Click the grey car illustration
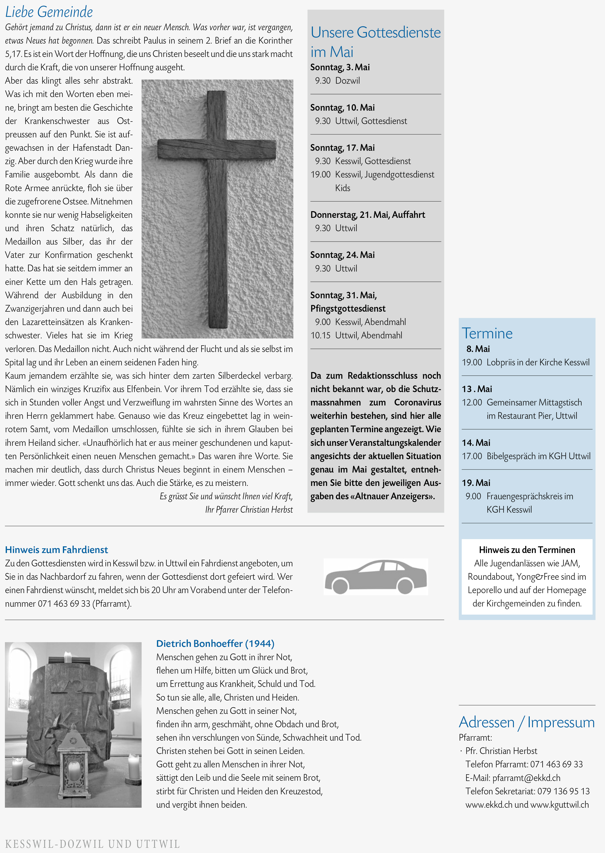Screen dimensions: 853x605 point(376,576)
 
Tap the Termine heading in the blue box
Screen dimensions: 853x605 point(487,333)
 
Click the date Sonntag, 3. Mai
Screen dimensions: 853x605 point(340,67)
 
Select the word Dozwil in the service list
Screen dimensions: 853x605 point(347,81)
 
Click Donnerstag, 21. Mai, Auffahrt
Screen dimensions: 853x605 point(367,215)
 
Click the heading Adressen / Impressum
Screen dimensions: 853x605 point(526,722)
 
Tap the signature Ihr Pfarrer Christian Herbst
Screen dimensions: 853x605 point(249,510)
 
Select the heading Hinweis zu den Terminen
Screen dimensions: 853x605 point(527,550)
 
